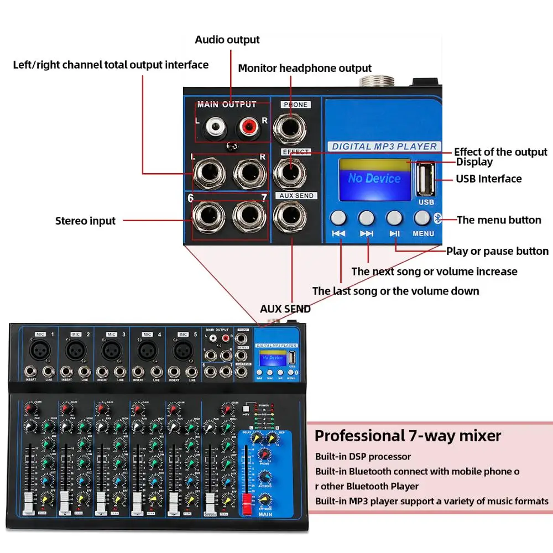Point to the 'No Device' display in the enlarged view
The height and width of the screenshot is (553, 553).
374,179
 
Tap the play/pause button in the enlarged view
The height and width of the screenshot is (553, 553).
394,217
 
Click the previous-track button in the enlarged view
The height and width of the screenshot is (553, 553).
339,217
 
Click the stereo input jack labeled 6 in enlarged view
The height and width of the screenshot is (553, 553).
208,218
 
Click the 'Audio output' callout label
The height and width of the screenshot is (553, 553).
227,40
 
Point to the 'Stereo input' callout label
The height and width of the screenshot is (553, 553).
86,221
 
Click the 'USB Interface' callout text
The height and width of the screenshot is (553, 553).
488,179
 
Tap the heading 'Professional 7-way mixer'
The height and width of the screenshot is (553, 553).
408,436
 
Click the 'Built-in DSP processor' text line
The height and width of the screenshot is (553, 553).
363,457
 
